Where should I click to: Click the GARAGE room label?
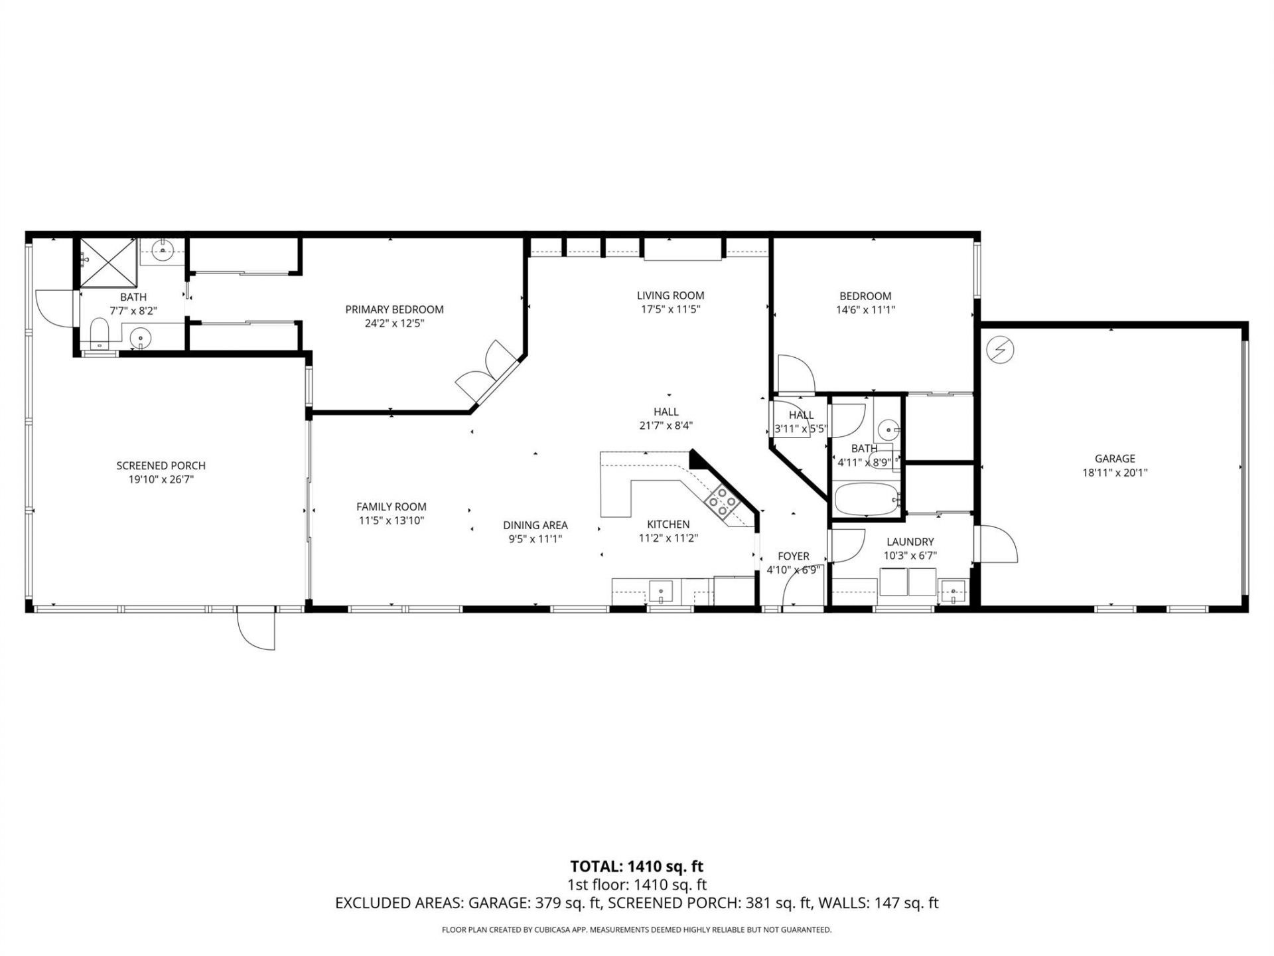1115,458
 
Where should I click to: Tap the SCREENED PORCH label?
161,465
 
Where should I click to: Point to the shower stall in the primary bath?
107,262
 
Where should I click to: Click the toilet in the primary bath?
100,333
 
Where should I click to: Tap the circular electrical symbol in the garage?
999,350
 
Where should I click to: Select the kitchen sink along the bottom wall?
660,590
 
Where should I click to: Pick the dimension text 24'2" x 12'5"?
394,323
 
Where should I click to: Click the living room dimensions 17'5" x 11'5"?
670,309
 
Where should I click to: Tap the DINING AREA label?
535,525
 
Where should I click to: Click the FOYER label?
794,556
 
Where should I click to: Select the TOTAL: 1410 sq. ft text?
636,866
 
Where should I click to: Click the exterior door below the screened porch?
256,627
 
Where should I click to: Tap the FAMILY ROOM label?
391,507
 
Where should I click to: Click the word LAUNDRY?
910,542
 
